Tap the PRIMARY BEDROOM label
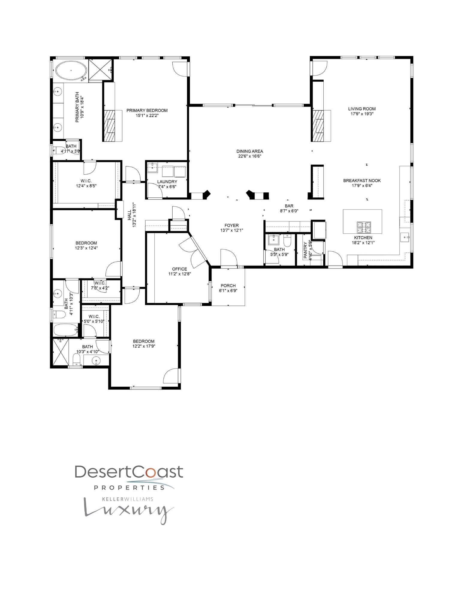147,110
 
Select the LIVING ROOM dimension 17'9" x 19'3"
362,114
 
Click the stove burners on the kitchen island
363,227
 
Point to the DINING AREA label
250,151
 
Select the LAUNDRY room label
167,181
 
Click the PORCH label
228,286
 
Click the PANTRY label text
305,250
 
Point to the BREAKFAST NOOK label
362,181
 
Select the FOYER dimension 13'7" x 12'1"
231,230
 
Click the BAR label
289,206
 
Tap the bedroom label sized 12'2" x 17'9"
144,341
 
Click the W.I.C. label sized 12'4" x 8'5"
86,181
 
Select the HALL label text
129,215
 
